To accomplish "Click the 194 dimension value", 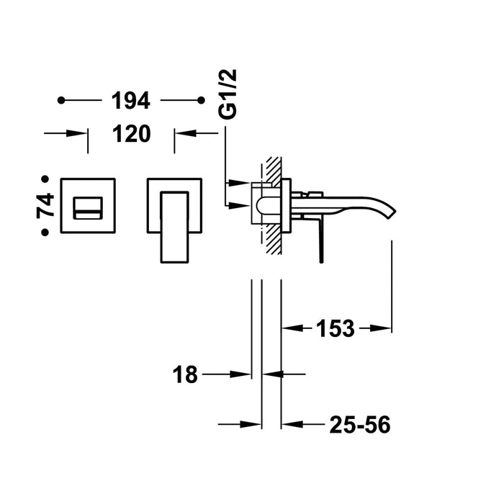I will coord(130,102).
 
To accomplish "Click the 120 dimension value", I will coord(130,133).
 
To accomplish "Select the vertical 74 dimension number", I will coord(45,204).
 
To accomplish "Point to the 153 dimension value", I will coord(335,329).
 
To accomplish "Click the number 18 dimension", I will coord(185,374).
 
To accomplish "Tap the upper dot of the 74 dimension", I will coord(45,177).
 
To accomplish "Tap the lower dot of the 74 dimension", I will coord(45,232).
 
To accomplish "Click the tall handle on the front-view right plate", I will coord(174,223).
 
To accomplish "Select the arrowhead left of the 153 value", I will coord(288,329).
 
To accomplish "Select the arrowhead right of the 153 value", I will coord(384,329).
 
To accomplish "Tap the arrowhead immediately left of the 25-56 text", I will coord(289,426).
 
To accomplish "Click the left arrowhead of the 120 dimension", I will coord(81,133).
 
